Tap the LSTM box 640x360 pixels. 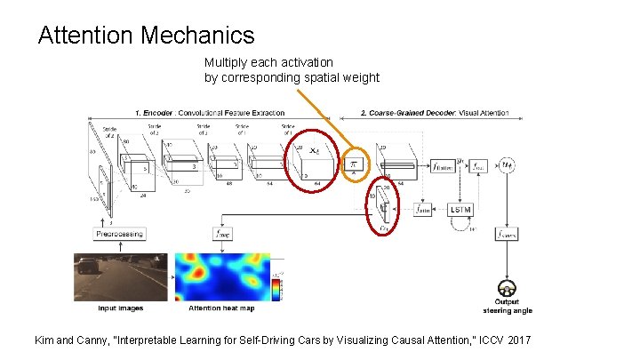tap(461, 210)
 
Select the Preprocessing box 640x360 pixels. tap(120, 233)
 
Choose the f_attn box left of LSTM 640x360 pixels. tap(424, 210)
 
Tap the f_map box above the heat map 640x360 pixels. tap(223, 234)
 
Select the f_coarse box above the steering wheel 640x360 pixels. tap(508, 234)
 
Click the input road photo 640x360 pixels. tap(120, 277)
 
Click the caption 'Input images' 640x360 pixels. tap(120, 308)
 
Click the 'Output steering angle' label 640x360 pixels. tap(508, 307)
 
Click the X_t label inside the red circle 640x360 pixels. tap(315, 153)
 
